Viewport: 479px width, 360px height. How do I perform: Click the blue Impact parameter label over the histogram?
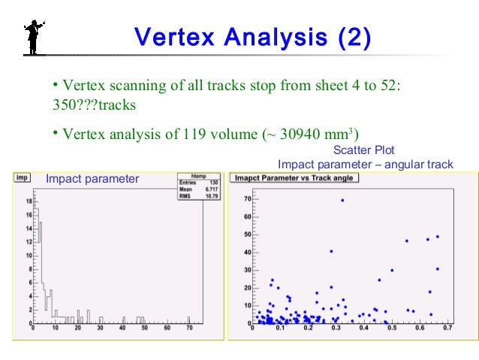click(92, 179)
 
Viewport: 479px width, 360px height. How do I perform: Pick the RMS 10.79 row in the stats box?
click(198, 195)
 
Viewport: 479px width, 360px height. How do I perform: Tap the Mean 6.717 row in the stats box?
click(198, 189)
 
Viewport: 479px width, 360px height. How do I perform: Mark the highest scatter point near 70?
click(342, 200)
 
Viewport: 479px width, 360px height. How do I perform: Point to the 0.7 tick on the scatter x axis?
click(447, 328)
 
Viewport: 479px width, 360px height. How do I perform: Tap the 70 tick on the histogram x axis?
click(189, 328)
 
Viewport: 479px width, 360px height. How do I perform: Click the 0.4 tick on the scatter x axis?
click(363, 328)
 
